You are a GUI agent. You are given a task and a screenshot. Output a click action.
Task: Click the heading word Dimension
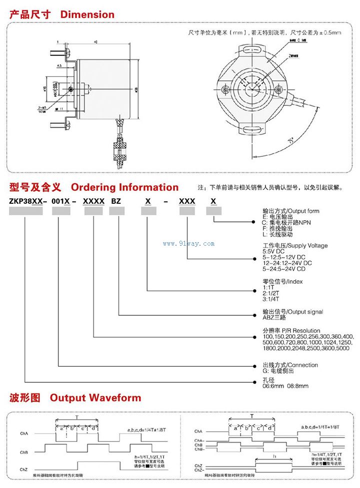(87, 14)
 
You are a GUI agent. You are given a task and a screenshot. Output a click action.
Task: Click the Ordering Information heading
(124, 187)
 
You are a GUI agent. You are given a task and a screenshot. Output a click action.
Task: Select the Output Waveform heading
(95, 398)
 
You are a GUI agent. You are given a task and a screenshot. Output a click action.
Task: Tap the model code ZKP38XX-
(28, 201)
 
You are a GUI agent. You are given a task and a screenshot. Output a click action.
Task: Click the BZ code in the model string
(116, 201)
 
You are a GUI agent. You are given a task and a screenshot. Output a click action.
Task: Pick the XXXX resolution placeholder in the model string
(93, 201)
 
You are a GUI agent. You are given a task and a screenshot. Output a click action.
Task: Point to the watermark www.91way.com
(189, 244)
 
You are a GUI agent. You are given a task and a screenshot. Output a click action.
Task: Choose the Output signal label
(303, 312)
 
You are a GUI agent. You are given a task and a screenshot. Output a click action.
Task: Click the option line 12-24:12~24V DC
(287, 263)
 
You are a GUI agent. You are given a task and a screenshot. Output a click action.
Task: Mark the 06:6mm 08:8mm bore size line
(285, 386)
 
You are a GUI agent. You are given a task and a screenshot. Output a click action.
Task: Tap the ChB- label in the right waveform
(199, 450)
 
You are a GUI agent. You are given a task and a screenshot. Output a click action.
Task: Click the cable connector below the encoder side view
(119, 150)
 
